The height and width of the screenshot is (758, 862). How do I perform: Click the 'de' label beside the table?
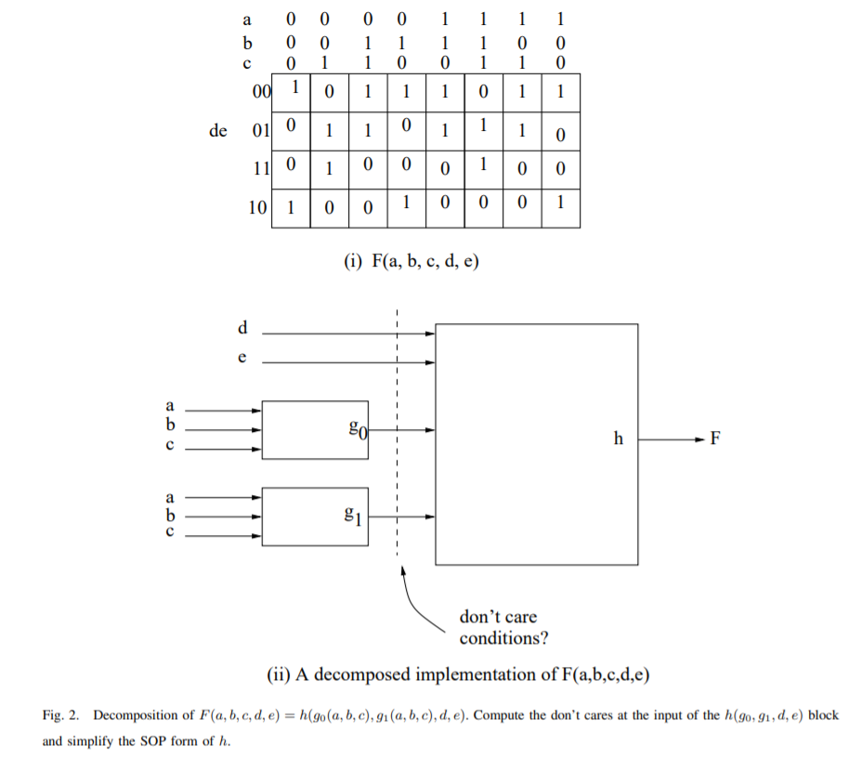point(218,130)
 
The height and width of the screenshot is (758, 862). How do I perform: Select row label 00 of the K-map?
point(261,91)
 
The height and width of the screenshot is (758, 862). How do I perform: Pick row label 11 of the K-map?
point(260,169)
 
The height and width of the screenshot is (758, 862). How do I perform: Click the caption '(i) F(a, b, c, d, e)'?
point(411,262)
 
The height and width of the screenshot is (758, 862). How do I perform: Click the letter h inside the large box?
point(619,438)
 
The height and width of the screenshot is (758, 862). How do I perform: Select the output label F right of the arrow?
point(715,438)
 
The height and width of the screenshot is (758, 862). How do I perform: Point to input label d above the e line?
point(243,327)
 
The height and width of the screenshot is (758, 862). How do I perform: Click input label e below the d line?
point(243,357)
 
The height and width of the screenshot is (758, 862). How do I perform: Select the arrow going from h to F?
point(669,438)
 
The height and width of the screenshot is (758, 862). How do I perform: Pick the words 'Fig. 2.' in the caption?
point(61,714)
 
